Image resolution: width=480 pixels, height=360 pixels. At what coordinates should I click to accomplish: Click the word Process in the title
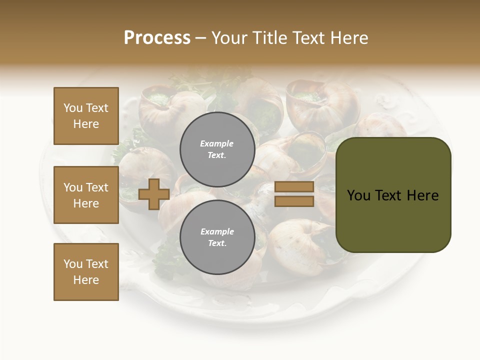(x=157, y=38)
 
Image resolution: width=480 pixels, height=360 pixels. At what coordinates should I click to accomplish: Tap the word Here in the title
(x=348, y=38)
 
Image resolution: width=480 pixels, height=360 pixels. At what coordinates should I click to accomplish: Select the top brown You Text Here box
(x=86, y=116)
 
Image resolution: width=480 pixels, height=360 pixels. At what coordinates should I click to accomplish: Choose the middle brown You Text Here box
(x=86, y=195)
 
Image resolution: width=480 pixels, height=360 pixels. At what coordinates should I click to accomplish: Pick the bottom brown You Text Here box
(x=86, y=271)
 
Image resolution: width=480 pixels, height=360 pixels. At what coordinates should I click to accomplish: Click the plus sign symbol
(x=154, y=194)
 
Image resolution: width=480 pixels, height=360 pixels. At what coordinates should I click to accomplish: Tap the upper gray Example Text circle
(x=217, y=149)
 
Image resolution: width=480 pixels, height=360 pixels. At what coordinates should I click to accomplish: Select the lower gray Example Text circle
(x=217, y=237)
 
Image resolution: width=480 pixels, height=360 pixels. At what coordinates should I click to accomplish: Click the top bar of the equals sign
(x=294, y=186)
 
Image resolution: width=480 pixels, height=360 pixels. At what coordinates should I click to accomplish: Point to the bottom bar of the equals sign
(x=294, y=201)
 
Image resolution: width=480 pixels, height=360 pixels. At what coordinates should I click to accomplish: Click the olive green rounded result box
(x=393, y=220)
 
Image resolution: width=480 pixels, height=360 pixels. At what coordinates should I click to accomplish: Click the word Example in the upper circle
(x=217, y=143)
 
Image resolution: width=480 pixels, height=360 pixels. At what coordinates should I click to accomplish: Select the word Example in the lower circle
(x=217, y=231)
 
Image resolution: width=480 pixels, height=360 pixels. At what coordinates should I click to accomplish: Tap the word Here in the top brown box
(x=86, y=124)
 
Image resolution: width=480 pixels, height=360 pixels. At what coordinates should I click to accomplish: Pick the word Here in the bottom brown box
(x=86, y=280)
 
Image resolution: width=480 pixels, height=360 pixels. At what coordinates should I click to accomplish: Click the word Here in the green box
(x=422, y=195)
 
